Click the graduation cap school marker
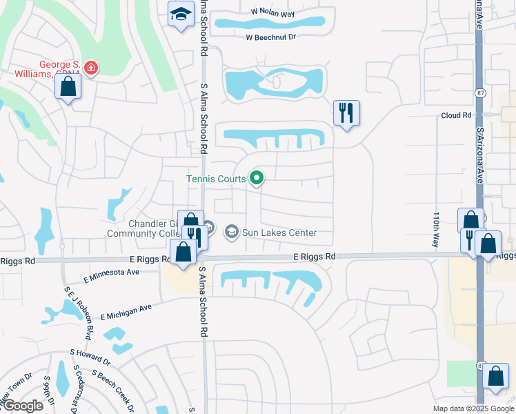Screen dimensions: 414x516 point(181,14)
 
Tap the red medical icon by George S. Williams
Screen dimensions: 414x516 point(91,68)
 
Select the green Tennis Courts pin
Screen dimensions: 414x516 point(257,179)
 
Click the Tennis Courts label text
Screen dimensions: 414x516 point(216,179)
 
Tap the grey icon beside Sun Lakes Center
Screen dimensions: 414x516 point(232,232)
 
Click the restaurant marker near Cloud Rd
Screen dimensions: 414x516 point(346,112)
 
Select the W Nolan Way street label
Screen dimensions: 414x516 point(272,12)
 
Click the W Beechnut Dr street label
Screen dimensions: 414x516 point(270,37)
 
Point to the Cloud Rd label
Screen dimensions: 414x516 point(456,115)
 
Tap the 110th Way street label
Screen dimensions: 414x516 point(436,230)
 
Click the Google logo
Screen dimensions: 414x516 point(22,406)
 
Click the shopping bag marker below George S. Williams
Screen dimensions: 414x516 point(68,86)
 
